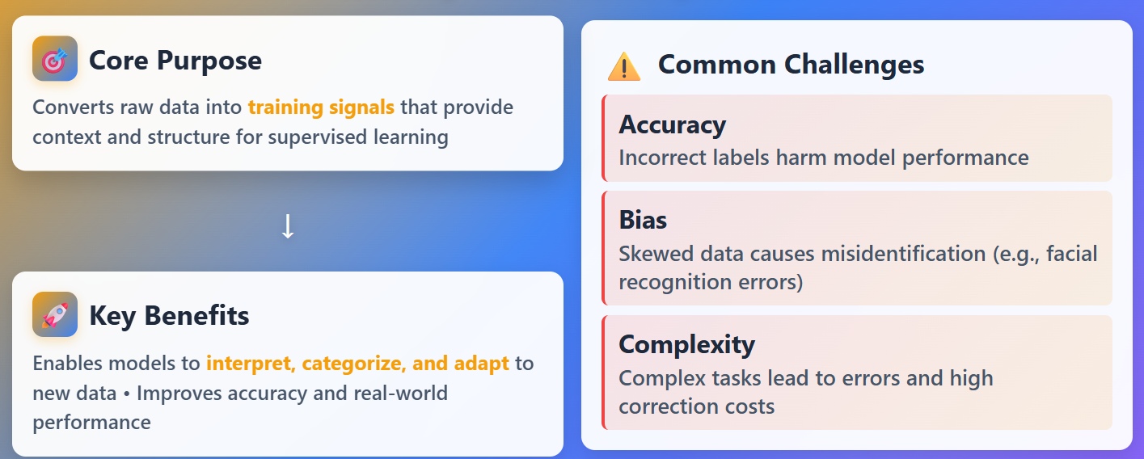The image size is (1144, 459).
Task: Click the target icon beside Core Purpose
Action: click(55, 59)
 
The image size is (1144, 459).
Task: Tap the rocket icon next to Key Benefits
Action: click(55, 314)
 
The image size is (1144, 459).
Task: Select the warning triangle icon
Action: click(623, 66)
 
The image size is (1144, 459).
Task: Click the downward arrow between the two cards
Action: click(287, 227)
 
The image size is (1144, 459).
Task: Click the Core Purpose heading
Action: click(175, 61)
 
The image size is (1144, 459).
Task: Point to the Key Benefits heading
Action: click(169, 316)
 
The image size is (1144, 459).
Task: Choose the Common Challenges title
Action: click(791, 65)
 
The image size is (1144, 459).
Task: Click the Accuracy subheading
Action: click(672, 125)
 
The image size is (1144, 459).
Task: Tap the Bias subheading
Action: click(643, 221)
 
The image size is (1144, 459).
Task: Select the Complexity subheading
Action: click(686, 345)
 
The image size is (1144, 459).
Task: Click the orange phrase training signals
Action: click(321, 107)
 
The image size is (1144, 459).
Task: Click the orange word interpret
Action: click(251, 364)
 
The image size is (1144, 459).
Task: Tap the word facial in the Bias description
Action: click(1070, 254)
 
